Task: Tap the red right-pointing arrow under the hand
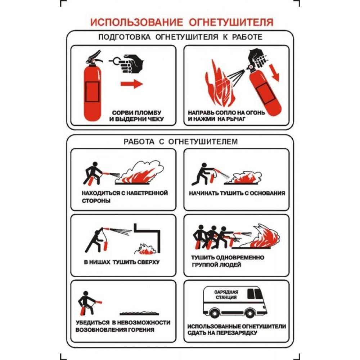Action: tap(132, 84)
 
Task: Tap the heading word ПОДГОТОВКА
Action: tap(125, 37)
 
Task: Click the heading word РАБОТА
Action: tap(139, 141)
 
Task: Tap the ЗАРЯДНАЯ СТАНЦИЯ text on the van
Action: tap(226, 294)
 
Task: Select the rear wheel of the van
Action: tap(215, 312)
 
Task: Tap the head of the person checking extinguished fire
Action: tap(86, 294)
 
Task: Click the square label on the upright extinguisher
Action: tap(92, 92)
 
